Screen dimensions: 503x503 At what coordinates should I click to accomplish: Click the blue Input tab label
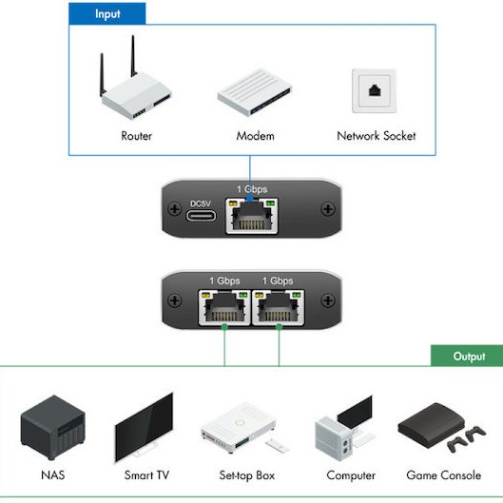pos(106,14)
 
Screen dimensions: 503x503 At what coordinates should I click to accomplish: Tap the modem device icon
pos(255,93)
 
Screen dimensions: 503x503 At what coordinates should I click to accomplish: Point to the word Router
pos(136,136)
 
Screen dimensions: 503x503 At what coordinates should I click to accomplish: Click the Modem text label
pos(255,136)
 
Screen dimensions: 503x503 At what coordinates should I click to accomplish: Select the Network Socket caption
pos(377,136)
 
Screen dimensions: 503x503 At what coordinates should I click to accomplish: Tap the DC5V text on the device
pos(200,203)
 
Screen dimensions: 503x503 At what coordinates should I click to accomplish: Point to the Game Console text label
pos(442,475)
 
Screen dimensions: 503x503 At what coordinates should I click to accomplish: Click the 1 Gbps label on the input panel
pos(252,189)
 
